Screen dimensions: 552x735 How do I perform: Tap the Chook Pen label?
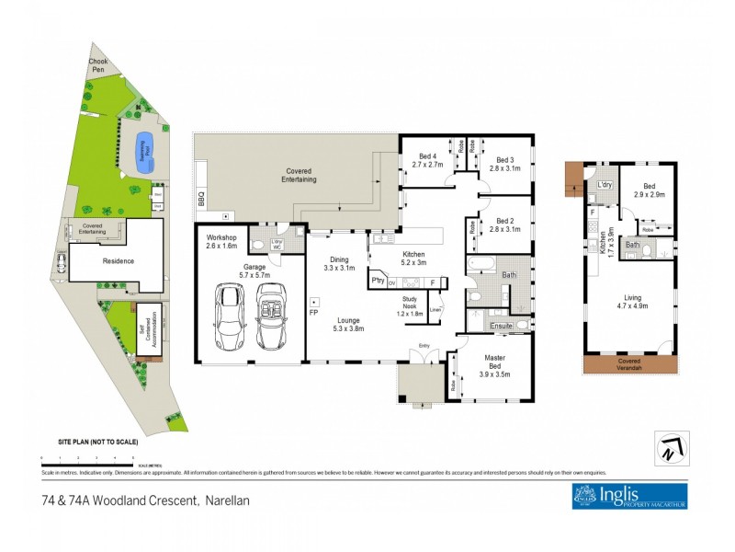pyautogui.click(x=97, y=66)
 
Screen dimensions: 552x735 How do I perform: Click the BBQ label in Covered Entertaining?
pyautogui.click(x=201, y=198)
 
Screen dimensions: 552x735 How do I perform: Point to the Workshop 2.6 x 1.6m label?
pyautogui.click(x=221, y=243)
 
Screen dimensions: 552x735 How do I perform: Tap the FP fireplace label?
pyautogui.click(x=313, y=313)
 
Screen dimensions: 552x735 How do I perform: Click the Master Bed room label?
pyautogui.click(x=494, y=368)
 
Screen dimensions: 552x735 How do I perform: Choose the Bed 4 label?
pyautogui.click(x=427, y=160)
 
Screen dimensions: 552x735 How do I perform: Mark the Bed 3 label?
pyautogui.click(x=504, y=165)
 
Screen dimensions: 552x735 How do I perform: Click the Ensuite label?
pyautogui.click(x=500, y=326)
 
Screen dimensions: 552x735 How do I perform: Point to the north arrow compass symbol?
pyautogui.click(x=671, y=447)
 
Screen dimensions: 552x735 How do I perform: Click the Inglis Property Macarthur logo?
pyautogui.click(x=628, y=496)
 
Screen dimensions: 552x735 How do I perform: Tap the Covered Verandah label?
pyautogui.click(x=631, y=362)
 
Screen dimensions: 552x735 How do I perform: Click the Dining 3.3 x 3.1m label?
pyautogui.click(x=340, y=265)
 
